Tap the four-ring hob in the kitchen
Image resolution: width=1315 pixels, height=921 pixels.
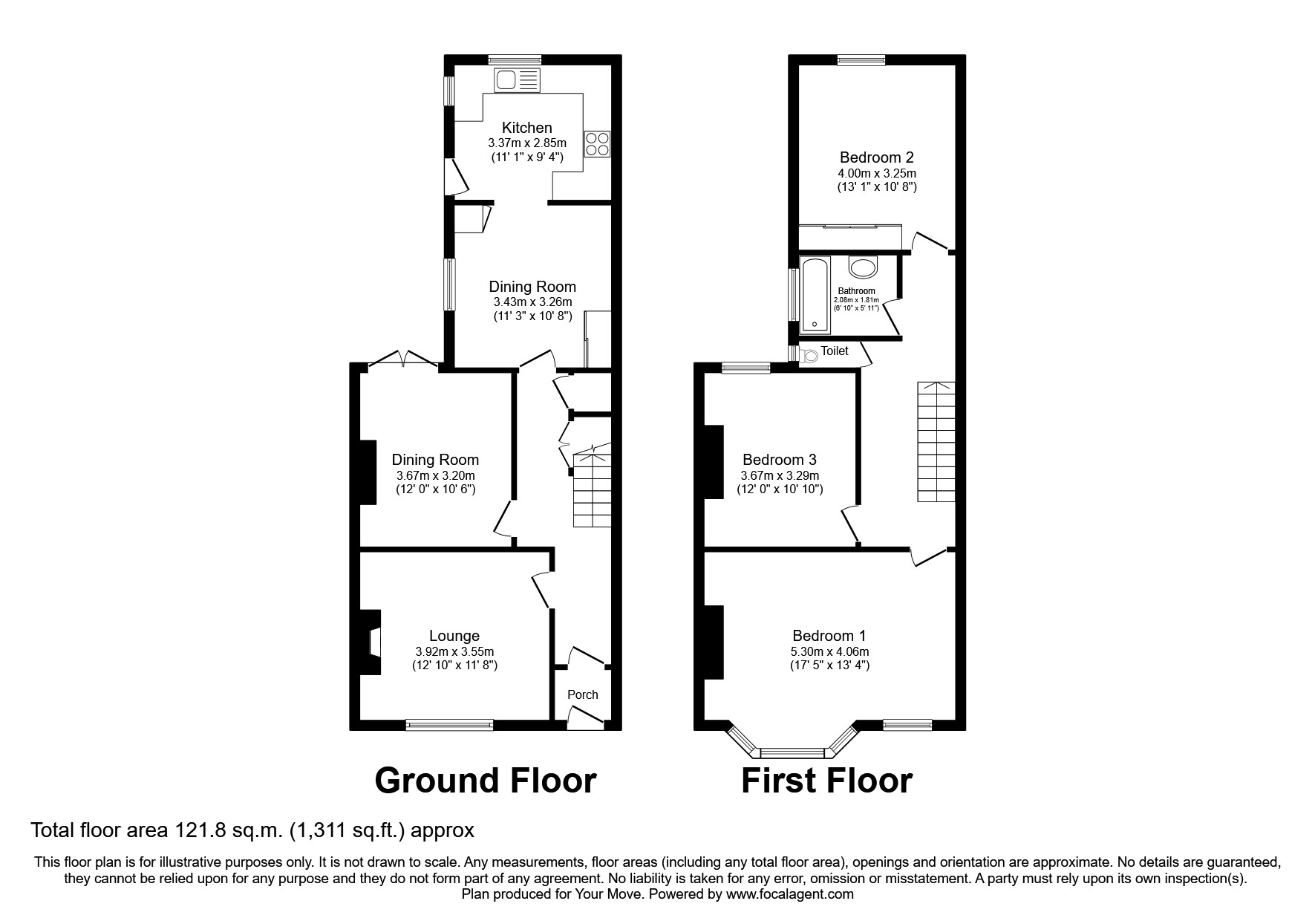tap(598, 143)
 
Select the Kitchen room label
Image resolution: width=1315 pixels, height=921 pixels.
tap(526, 128)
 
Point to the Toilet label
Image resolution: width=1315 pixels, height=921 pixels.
tap(834, 351)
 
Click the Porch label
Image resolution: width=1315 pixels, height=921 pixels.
tap(582, 694)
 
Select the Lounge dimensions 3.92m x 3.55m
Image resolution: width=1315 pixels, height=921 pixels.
tap(454, 651)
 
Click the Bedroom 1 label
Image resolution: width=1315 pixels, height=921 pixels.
tap(829, 636)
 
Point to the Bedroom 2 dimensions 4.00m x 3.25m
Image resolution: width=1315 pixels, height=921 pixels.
tap(876, 173)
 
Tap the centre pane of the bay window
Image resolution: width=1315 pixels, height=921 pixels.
tap(792, 752)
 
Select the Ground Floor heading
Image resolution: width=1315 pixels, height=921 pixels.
tap(486, 781)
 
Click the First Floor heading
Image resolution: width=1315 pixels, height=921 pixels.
tap(826, 781)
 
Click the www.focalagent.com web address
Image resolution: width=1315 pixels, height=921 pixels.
tap(789, 894)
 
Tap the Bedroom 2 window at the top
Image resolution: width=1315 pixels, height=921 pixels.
tap(861, 61)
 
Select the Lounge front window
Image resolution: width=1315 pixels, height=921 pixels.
tap(449, 725)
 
